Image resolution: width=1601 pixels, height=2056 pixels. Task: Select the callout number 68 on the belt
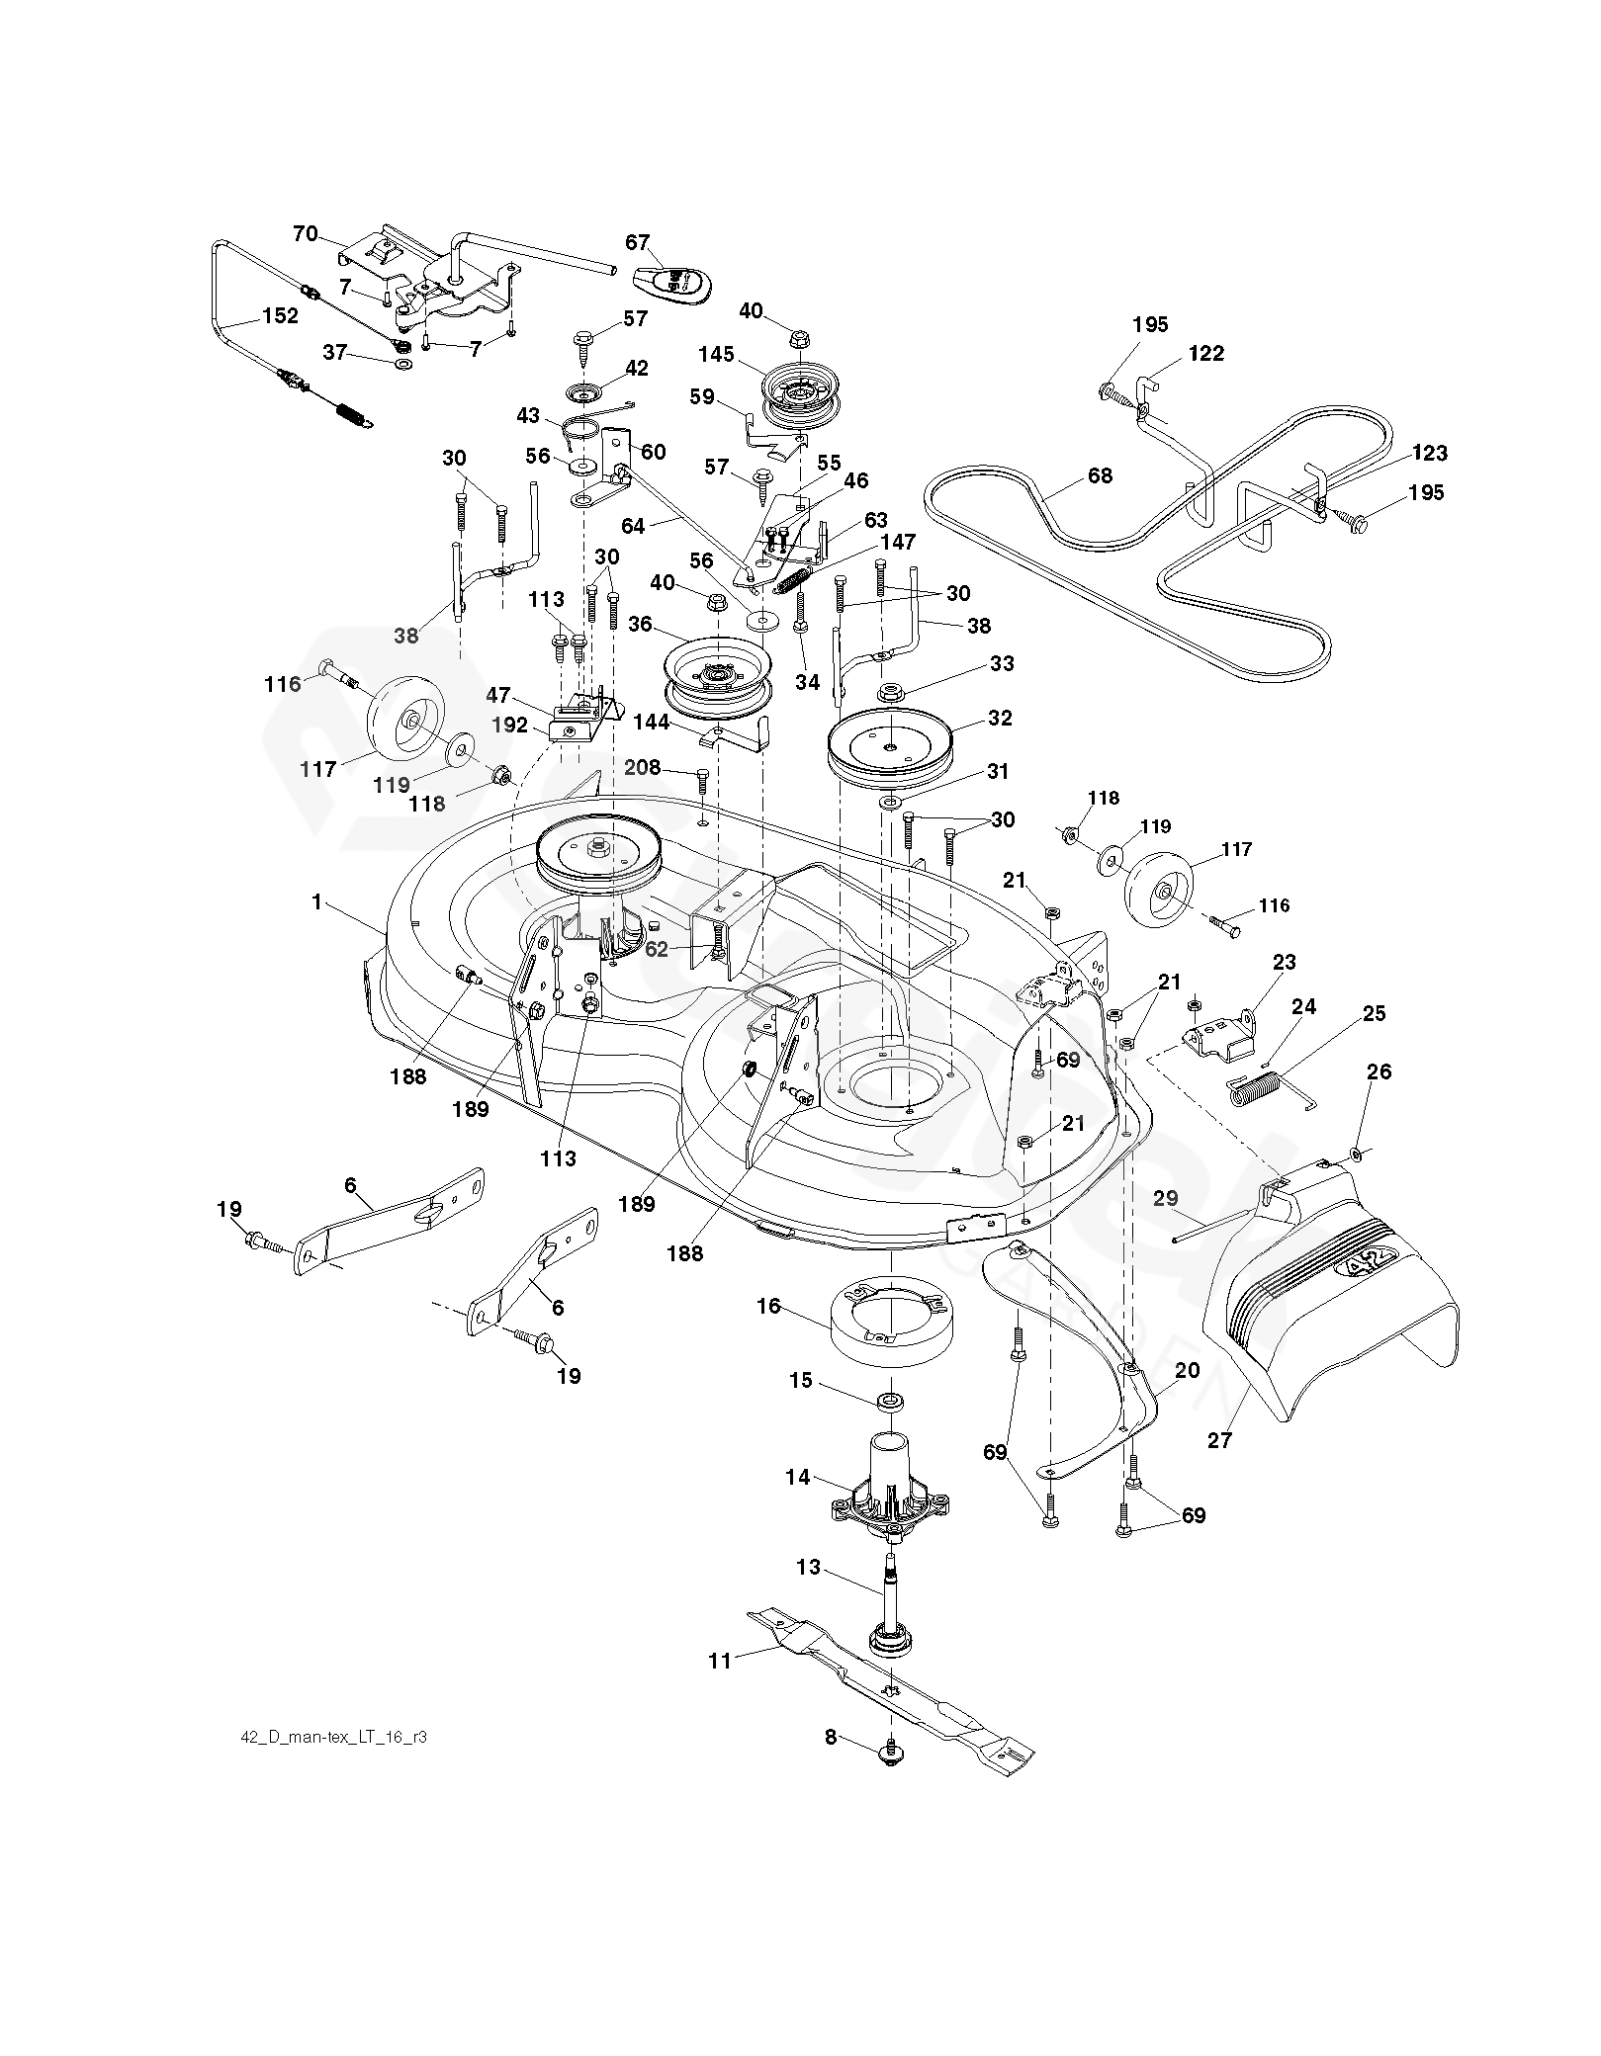pyautogui.click(x=1100, y=476)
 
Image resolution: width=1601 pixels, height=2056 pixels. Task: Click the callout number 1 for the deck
pyautogui.click(x=317, y=902)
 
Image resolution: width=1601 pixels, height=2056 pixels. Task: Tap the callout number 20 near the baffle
pyautogui.click(x=1187, y=1371)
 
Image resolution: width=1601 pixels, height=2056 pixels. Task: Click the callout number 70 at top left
pyautogui.click(x=306, y=234)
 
